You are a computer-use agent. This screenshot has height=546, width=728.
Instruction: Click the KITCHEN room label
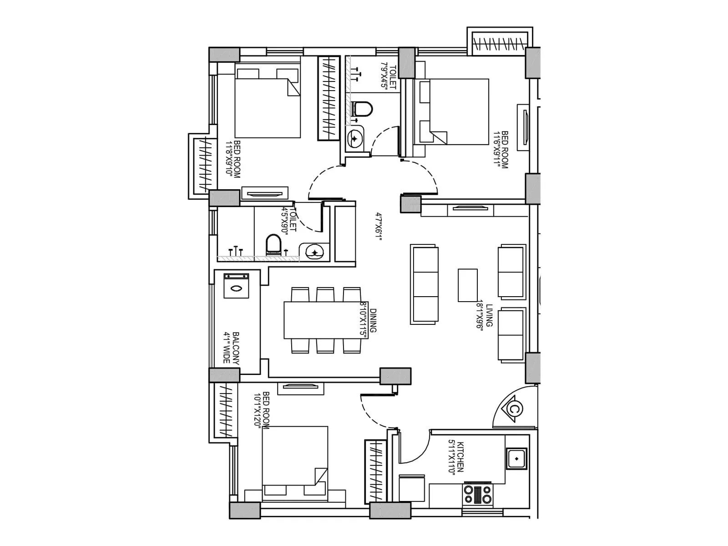[x=456, y=457]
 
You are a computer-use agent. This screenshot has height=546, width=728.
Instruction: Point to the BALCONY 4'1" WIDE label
[x=232, y=347]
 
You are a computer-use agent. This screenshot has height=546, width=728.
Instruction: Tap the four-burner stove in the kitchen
[x=477, y=495]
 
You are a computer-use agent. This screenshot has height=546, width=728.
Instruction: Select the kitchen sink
[x=516, y=459]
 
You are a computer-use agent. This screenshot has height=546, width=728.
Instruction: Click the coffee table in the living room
[x=467, y=285]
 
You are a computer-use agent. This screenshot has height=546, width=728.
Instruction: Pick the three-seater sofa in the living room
[x=424, y=285]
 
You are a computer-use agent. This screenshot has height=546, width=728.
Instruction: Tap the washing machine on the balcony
[x=236, y=286]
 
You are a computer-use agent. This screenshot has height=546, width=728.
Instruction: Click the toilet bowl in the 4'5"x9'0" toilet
[x=273, y=244]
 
